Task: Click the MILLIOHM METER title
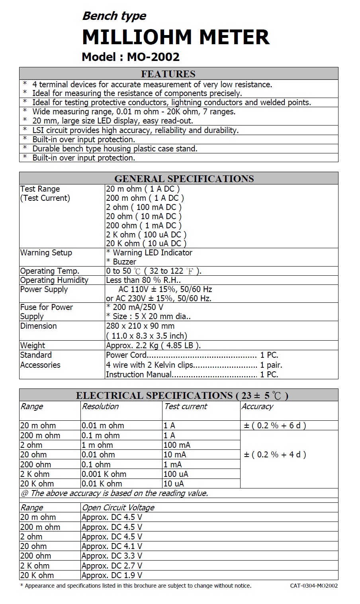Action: [x=175, y=37]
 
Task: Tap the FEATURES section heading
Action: [x=168, y=74]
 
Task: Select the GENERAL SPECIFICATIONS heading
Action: [x=184, y=178]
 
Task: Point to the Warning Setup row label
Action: [x=46, y=253]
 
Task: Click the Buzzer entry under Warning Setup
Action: [x=121, y=262]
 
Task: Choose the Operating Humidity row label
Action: [x=54, y=280]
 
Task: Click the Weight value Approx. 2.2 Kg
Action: [x=153, y=345]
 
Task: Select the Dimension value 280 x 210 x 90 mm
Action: [x=140, y=326]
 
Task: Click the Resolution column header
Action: [x=100, y=406]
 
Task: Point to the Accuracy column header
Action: [x=257, y=406]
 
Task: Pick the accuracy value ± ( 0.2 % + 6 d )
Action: [x=275, y=426]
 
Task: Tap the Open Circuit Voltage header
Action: [x=118, y=508]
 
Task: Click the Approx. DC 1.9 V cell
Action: [x=112, y=575]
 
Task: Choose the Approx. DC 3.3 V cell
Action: [x=112, y=556]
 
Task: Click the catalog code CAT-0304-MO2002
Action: [x=314, y=586]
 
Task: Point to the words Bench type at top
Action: [x=114, y=16]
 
